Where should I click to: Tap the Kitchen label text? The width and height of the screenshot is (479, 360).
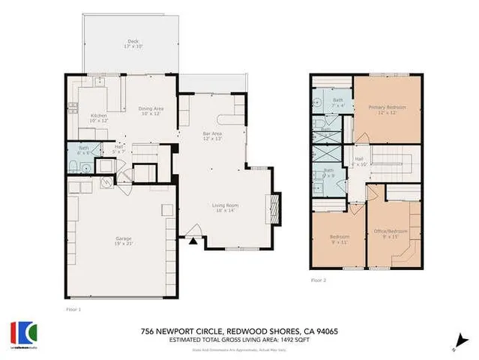(100, 118)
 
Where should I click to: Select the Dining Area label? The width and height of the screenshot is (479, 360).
(152, 112)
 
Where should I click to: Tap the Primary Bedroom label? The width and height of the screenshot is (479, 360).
(387, 110)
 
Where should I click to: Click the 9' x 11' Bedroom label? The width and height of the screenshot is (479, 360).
(340, 240)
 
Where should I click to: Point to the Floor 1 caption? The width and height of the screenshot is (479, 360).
(73, 308)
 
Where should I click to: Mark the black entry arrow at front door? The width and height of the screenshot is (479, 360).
(193, 242)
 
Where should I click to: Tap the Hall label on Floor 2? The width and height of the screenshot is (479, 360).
(359, 161)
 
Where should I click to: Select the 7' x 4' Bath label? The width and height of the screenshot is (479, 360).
(338, 103)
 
